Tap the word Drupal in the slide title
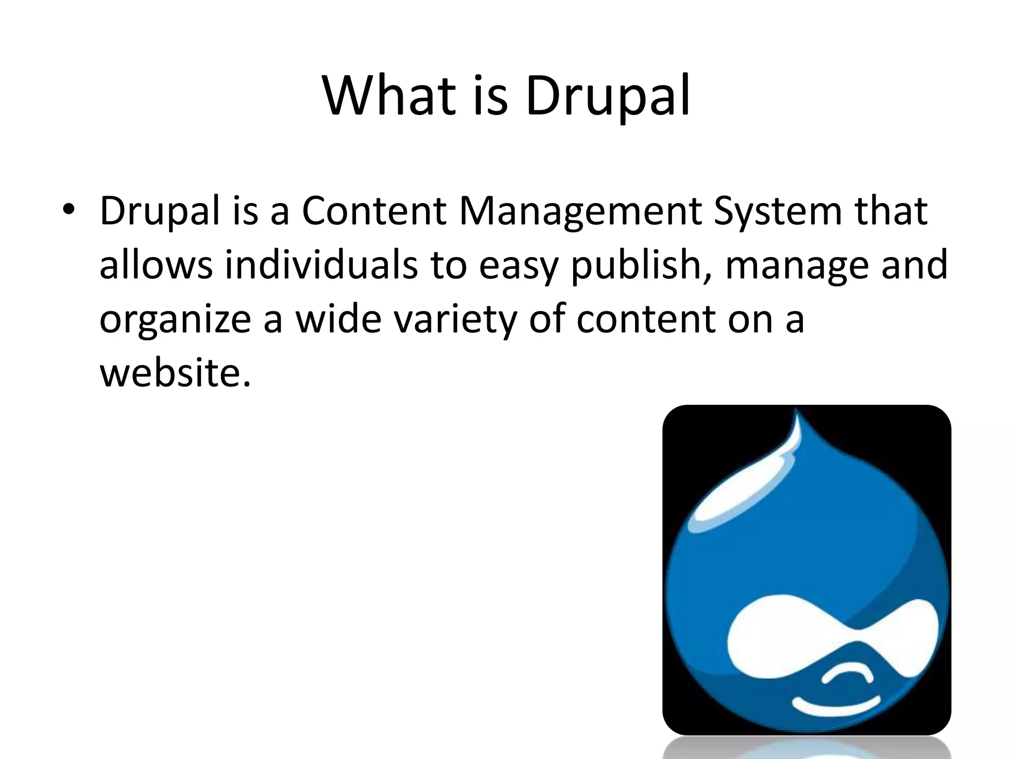tap(608, 97)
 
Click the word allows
tap(156, 264)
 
